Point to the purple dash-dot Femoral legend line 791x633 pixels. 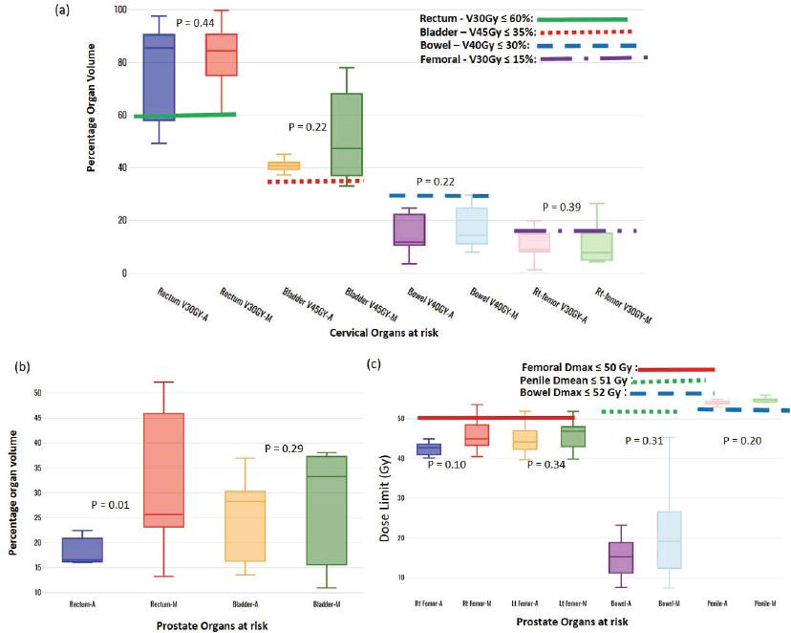[x=592, y=59]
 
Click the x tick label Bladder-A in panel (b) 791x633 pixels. [x=250, y=604]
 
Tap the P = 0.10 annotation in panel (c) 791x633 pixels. [x=447, y=464]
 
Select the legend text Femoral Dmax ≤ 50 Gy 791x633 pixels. [x=577, y=367]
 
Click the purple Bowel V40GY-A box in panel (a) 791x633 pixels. [x=409, y=229]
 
